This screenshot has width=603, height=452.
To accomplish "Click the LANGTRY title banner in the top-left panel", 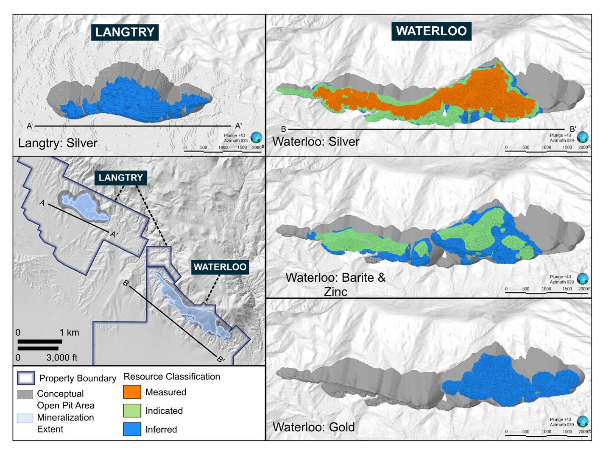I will [125, 32].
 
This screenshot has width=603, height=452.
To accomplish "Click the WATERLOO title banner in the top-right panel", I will [431, 31].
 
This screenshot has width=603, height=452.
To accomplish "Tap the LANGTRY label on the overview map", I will [121, 177].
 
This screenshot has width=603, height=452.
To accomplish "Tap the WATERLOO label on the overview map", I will [220, 267].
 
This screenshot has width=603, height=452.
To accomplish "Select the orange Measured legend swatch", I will [132, 392].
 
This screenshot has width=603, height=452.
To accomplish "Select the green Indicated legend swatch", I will [132, 410].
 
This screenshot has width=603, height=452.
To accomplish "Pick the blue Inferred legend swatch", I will [132, 429].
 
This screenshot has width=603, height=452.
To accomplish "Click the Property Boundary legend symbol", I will [26, 378].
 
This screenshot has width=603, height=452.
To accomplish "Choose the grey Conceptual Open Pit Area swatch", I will [25, 394].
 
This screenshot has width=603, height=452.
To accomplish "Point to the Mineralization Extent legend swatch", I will [25, 418].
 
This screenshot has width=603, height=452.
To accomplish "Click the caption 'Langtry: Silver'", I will [58, 143].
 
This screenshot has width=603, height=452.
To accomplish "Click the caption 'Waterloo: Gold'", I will [313, 427].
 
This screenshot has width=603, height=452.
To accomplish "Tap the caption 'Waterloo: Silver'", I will [316, 141].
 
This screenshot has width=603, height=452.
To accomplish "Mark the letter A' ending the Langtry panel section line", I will [239, 126].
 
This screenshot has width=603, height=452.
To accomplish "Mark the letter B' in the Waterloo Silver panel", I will [573, 129].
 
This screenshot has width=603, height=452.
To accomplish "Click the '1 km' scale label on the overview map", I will [69, 333].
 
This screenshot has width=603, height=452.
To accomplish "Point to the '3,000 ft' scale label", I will [62, 358].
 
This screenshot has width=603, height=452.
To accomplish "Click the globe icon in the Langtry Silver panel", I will [256, 137].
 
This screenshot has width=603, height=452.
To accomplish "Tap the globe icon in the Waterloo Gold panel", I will [583, 421].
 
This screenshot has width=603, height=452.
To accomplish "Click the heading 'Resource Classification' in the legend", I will [172, 377].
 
